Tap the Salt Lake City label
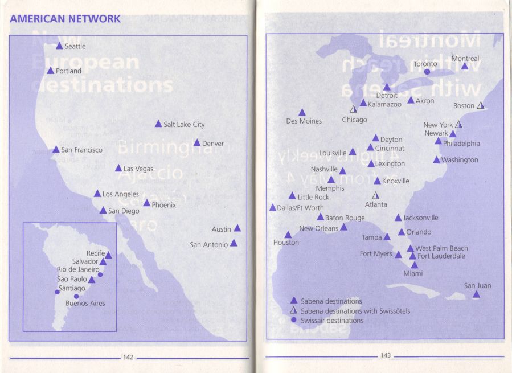click(184, 124)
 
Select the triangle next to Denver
click(196, 143)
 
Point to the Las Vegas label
click(138, 169)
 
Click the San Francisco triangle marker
click(56, 150)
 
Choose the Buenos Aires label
click(85, 304)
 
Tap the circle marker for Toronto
click(427, 72)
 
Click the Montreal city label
click(465, 59)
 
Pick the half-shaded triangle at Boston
click(480, 105)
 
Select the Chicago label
click(354, 120)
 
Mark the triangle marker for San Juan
click(476, 294)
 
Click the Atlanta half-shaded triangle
click(375, 195)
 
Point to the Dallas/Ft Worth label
click(300, 208)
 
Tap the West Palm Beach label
click(441, 248)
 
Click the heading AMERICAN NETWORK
click(65, 19)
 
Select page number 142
click(128, 357)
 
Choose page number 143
click(386, 356)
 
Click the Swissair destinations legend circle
click(293, 320)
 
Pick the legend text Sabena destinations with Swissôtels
click(355, 311)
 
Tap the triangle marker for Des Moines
click(302, 113)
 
